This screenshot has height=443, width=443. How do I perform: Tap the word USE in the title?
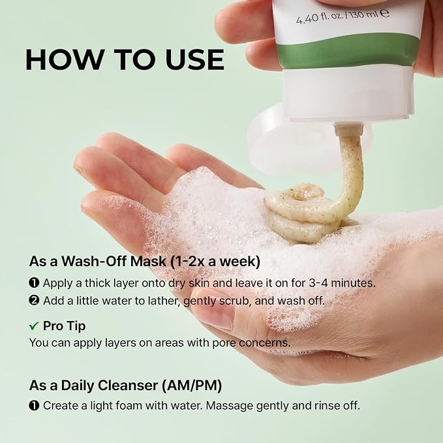[195, 60]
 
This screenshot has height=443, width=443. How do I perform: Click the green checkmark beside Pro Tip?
[34, 326]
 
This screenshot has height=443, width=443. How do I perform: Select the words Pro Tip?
[64, 326]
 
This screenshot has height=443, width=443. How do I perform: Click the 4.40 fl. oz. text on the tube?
[320, 17]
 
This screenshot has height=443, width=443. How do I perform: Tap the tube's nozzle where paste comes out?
[348, 129]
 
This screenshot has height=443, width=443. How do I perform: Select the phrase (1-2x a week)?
[215, 262]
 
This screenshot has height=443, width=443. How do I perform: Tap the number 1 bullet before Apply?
[34, 283]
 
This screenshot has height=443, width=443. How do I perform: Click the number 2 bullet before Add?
[34, 301]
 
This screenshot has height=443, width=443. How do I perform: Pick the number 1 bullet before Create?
[34, 406]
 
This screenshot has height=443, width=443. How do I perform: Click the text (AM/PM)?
[192, 386]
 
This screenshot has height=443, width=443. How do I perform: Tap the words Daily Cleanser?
[110, 386]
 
